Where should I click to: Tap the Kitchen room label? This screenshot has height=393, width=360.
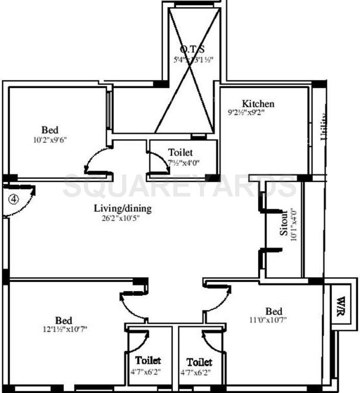258,104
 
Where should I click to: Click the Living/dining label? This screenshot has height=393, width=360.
122,209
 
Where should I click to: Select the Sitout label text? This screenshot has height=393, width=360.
284,224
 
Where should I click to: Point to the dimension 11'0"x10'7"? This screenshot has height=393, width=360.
273,321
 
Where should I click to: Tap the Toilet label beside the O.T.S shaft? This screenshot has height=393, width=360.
180,152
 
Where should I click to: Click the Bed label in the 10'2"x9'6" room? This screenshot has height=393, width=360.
50,129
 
